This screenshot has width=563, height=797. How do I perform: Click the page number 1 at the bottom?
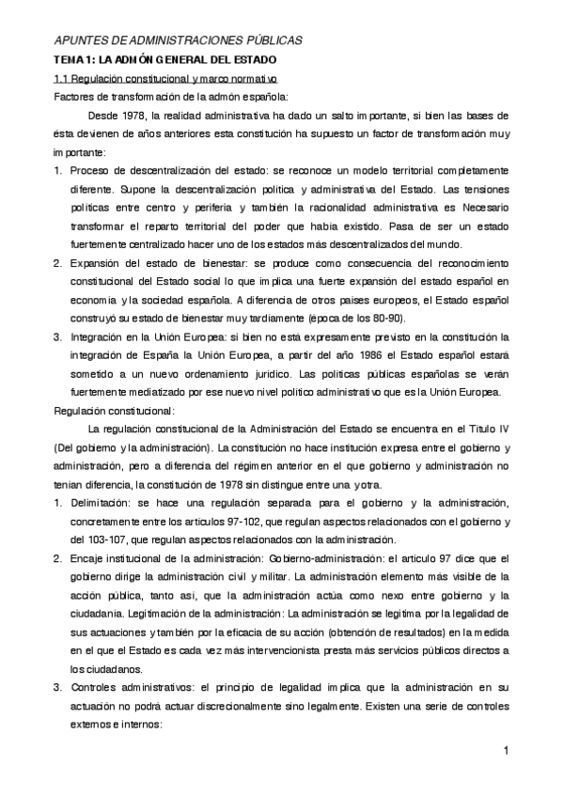pyautogui.click(x=506, y=750)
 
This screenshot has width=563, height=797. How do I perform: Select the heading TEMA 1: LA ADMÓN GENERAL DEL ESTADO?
pyautogui.click(x=157, y=59)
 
